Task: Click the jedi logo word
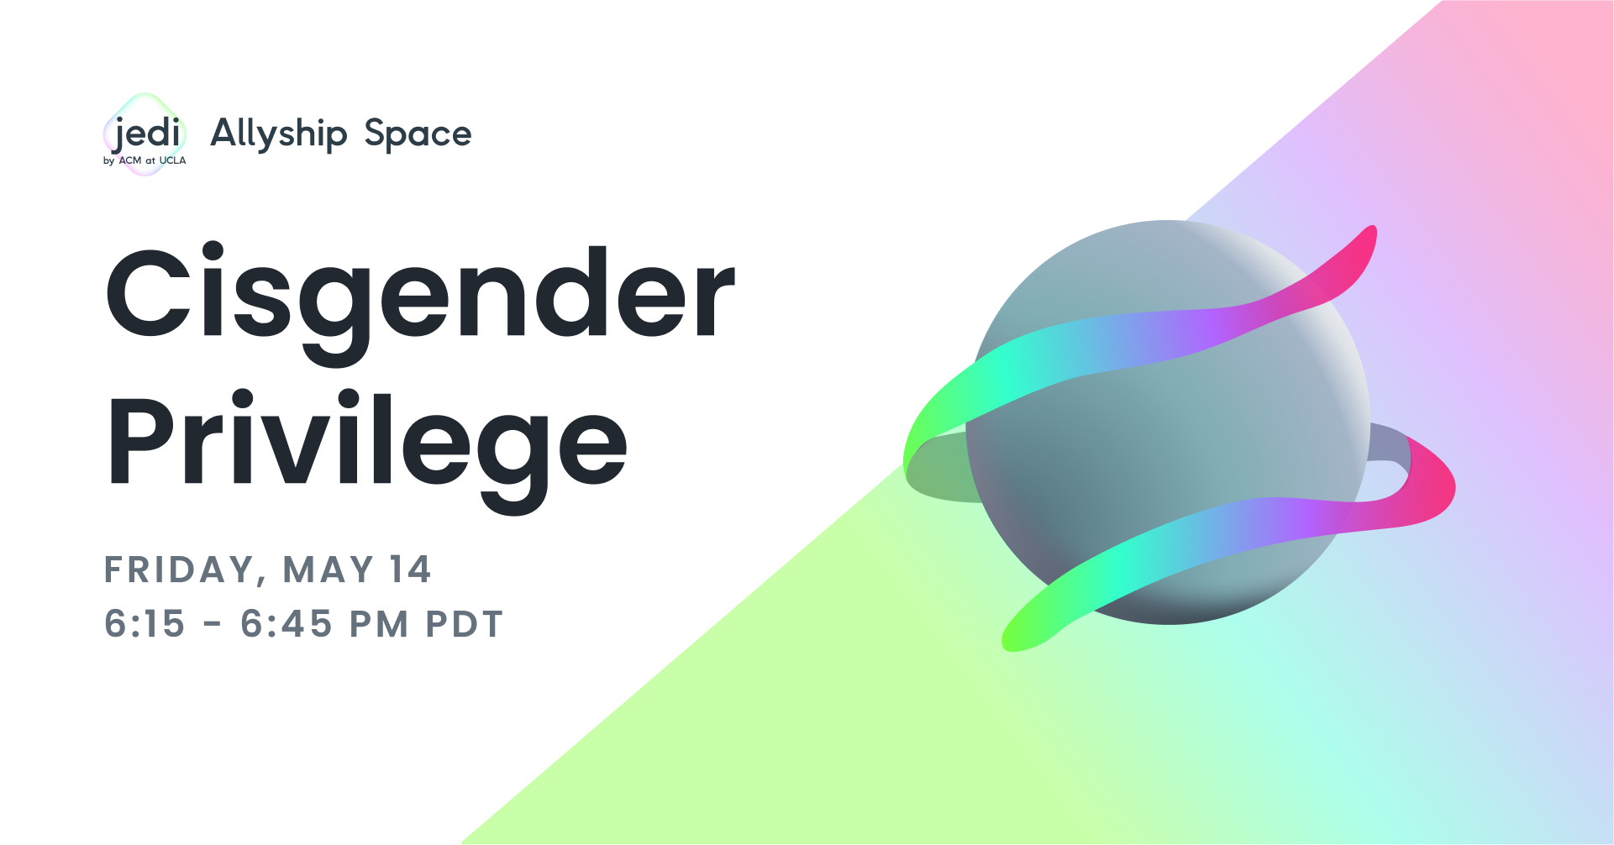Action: (x=148, y=134)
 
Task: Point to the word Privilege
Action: (x=367, y=442)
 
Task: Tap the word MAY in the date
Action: (x=328, y=570)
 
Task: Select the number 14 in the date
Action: (x=410, y=570)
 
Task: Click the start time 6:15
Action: (x=145, y=624)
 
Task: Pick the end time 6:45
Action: (x=287, y=624)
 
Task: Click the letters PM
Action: (x=379, y=624)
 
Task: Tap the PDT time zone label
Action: (x=464, y=624)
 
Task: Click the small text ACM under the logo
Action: (x=130, y=160)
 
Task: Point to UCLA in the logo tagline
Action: (x=172, y=160)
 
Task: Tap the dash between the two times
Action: (x=213, y=624)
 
